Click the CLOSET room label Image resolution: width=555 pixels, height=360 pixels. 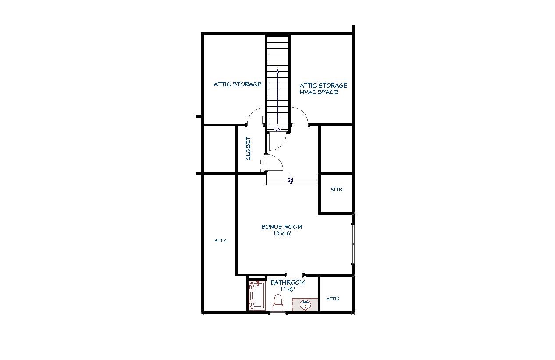(x=248, y=148)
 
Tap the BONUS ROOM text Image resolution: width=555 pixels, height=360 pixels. (x=282, y=227)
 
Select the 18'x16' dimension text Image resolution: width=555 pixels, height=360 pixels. (x=282, y=233)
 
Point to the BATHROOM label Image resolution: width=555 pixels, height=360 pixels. (x=288, y=282)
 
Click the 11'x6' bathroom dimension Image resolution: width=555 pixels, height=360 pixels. (x=288, y=289)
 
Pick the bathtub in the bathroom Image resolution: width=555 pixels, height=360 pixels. (x=257, y=296)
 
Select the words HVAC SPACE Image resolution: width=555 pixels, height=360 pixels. (x=319, y=92)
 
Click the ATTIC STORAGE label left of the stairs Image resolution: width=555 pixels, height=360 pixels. (x=237, y=84)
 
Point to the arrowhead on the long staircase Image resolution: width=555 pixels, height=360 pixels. (x=277, y=72)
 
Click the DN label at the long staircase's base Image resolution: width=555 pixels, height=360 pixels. (x=277, y=130)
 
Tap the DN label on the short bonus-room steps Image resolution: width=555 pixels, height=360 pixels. (x=290, y=180)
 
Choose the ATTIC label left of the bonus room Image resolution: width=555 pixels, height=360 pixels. (x=221, y=241)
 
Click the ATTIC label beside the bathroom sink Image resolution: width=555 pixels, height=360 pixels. (x=333, y=299)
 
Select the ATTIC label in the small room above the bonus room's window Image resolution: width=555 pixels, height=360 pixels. (x=337, y=189)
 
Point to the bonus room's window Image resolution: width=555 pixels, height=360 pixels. (x=353, y=244)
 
